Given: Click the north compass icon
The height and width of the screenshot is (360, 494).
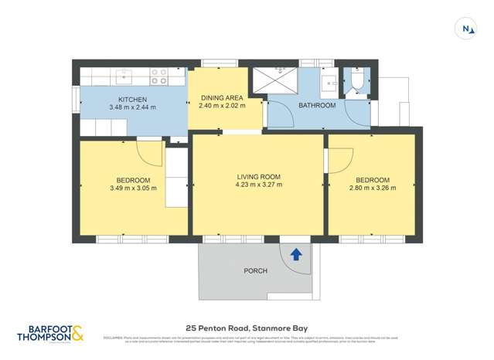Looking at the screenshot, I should point(467,29).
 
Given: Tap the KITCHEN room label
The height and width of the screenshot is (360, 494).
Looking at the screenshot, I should point(133,99).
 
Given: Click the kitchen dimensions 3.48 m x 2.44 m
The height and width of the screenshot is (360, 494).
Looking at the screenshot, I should point(133,107).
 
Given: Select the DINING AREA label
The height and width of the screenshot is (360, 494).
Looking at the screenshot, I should point(222,98).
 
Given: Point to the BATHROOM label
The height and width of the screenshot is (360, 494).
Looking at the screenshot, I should point(317,105).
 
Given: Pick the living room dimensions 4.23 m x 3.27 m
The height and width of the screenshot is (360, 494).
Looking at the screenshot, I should point(258,185).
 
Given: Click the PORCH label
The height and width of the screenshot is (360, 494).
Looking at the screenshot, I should point(256,270).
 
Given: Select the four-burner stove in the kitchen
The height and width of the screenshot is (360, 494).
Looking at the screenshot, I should point(158,76).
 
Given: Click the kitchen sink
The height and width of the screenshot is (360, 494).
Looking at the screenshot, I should point(124,76).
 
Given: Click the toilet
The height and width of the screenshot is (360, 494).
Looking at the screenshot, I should point(358,82).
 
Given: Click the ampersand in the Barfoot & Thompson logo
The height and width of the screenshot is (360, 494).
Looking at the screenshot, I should point(79,334).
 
